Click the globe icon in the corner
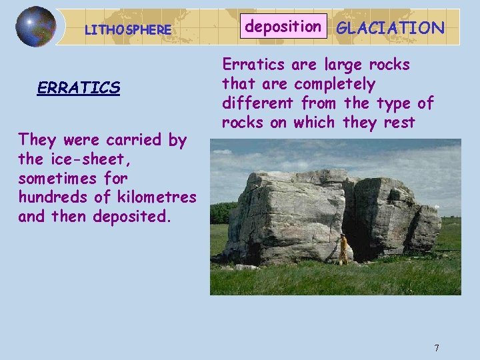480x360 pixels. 35,27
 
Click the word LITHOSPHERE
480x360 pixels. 127,30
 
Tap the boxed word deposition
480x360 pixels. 283,27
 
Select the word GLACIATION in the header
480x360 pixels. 391,28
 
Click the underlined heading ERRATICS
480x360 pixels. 79,88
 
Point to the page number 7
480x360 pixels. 437,347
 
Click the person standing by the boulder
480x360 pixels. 343,249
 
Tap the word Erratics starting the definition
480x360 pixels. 252,65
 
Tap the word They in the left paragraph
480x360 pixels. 37,140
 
